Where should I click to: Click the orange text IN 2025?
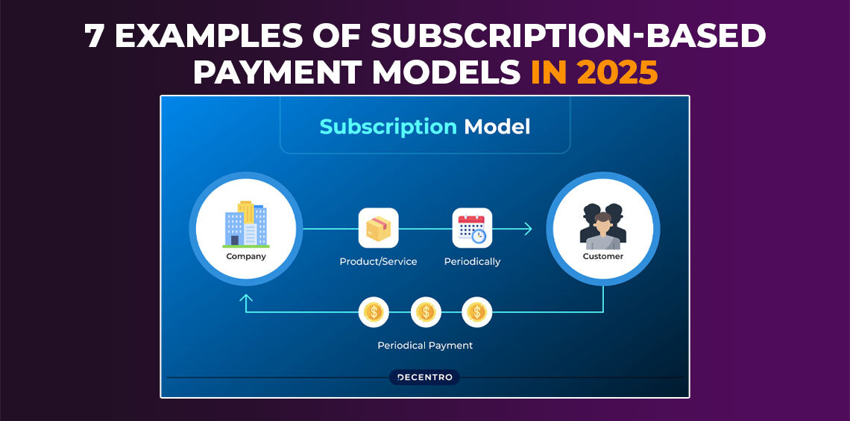(x=594, y=72)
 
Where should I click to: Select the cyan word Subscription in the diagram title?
(x=388, y=126)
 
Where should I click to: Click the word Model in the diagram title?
(x=497, y=126)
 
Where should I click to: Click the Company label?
(x=246, y=256)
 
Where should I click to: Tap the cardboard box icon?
(x=378, y=228)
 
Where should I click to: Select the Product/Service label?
(x=378, y=261)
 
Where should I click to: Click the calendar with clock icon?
(x=472, y=228)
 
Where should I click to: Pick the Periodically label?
(x=472, y=262)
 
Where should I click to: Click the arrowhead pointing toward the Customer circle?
(x=527, y=228)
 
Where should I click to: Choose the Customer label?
(x=602, y=256)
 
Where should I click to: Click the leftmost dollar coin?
(x=374, y=312)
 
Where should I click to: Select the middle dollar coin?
(x=426, y=312)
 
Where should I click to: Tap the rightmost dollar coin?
(x=477, y=312)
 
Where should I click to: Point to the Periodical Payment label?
(x=425, y=345)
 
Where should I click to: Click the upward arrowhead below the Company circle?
(x=246, y=298)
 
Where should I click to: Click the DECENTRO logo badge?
(x=424, y=377)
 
